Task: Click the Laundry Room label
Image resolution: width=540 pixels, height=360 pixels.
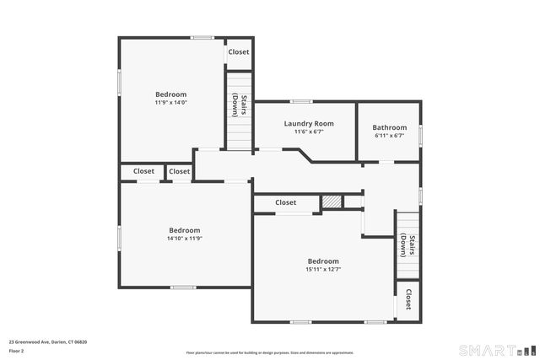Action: point(308,124)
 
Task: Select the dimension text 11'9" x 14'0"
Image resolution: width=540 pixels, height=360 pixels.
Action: point(170,103)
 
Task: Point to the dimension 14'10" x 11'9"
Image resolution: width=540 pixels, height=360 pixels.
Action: point(184,239)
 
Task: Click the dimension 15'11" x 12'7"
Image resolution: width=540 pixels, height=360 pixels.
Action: point(322,270)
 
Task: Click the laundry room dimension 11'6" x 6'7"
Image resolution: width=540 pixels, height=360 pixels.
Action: point(308,132)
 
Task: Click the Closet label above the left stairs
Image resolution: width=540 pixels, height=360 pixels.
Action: point(239,51)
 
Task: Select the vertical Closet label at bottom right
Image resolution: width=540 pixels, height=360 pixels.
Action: point(408,299)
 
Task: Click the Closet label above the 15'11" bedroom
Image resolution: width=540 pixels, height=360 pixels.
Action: point(286,202)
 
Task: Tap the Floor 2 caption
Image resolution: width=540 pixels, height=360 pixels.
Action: point(17,350)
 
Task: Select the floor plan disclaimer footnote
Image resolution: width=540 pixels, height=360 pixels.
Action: point(270,352)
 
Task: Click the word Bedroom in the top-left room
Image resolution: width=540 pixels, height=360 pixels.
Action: point(170,94)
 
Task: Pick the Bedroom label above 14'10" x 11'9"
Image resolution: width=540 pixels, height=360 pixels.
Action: point(184,230)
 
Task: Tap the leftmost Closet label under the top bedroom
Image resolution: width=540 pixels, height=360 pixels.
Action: point(143,171)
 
